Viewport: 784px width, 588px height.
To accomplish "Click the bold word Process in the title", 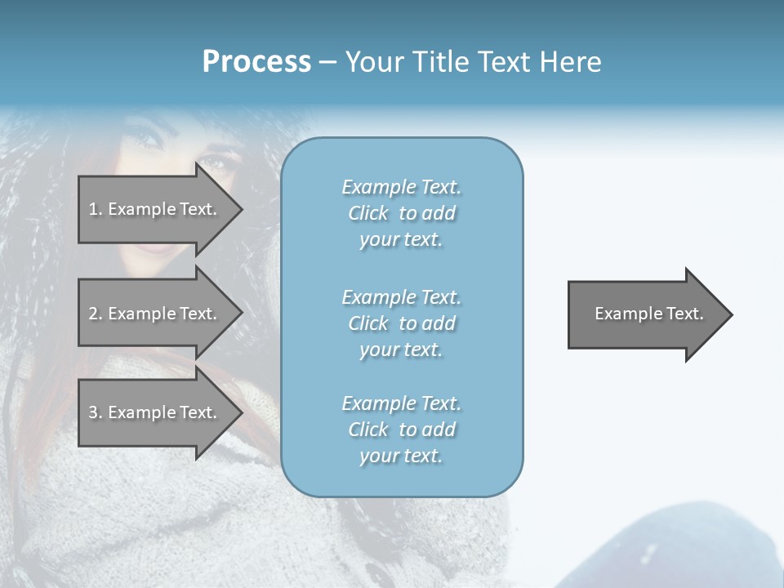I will tap(256, 62).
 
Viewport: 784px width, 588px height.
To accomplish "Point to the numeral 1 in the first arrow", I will tap(92, 209).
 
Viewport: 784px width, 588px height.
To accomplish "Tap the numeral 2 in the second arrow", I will tap(93, 314).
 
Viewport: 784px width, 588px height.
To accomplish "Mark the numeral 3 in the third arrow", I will tap(93, 412).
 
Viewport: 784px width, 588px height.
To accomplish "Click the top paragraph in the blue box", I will tap(401, 213).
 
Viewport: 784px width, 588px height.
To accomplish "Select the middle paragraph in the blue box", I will tap(401, 323).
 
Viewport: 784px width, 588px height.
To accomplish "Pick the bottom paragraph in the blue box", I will tap(401, 430).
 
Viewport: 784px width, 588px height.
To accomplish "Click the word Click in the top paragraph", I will tap(368, 213).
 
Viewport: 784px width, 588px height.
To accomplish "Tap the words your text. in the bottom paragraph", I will tap(401, 456).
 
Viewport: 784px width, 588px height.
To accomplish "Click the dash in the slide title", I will tap(327, 62).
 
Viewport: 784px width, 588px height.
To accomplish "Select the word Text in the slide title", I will tap(504, 62).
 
